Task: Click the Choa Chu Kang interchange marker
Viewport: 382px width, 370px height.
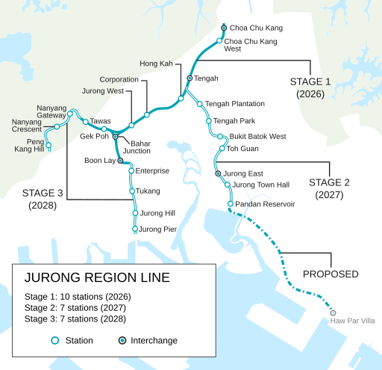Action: [223, 28]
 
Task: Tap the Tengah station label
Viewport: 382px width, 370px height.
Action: [206, 78]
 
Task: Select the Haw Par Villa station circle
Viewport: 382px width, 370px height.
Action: [333, 312]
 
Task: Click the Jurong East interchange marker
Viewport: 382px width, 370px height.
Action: [218, 173]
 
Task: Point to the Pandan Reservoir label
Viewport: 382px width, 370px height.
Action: [265, 204]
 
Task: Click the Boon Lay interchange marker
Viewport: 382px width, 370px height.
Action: [120, 160]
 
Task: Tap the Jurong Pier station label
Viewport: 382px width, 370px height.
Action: [158, 229]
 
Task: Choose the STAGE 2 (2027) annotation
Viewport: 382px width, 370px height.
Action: [329, 188]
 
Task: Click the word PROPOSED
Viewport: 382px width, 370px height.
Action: [331, 274]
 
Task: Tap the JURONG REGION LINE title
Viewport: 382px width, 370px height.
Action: [97, 278]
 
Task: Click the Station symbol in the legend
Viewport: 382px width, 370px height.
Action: [54, 341]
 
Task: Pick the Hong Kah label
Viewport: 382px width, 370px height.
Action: [156, 64]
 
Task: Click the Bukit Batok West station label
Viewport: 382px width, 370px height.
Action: [257, 137]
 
